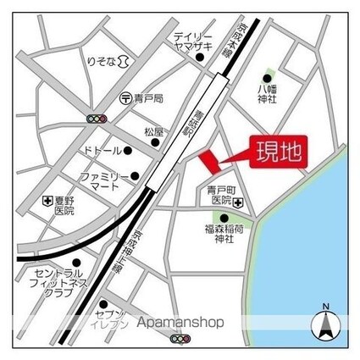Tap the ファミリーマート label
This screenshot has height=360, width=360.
(105, 181)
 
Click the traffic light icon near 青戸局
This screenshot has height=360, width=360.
(97, 119)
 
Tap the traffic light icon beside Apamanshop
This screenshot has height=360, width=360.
(180, 339)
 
